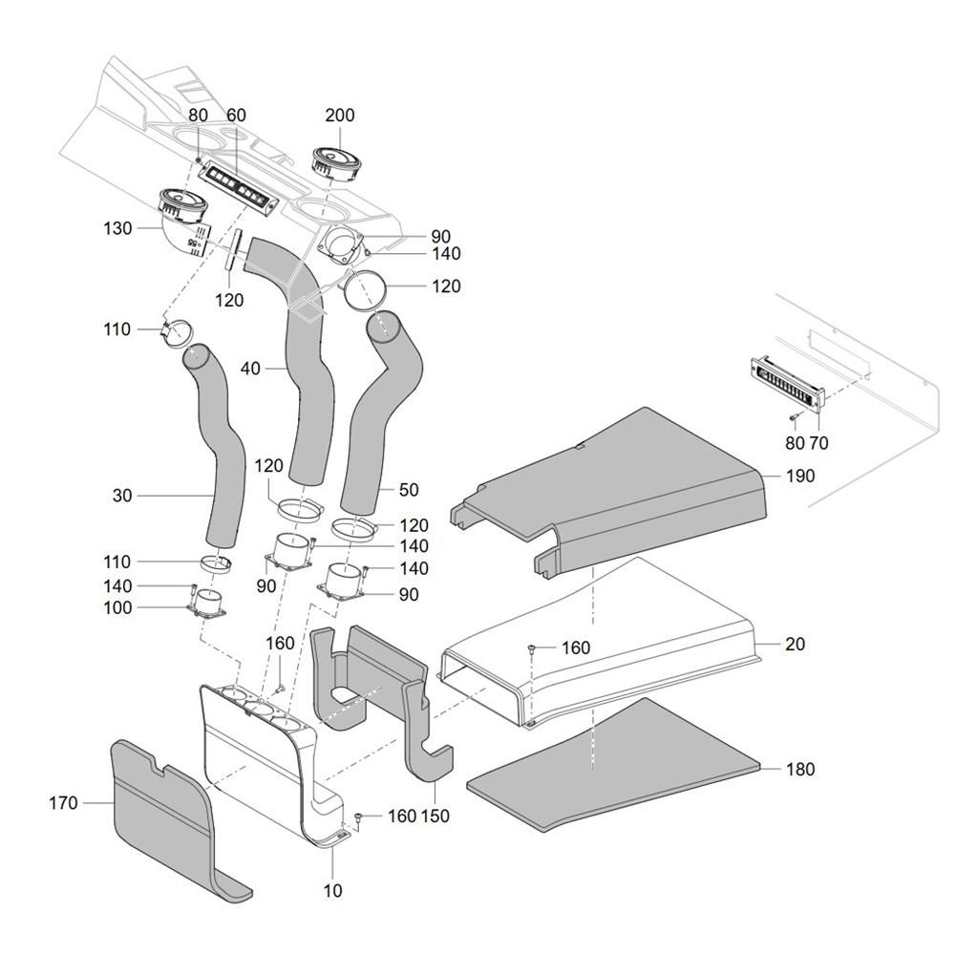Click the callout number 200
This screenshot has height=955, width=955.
339,116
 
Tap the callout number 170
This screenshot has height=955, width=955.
63,803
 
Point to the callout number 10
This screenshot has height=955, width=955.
332,891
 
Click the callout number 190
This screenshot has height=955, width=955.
800,476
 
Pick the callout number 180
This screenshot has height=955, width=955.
800,769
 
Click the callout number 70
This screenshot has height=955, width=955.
818,443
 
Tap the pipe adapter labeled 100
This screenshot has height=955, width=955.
208,603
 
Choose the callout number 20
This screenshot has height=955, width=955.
795,645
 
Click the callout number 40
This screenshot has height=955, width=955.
250,367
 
